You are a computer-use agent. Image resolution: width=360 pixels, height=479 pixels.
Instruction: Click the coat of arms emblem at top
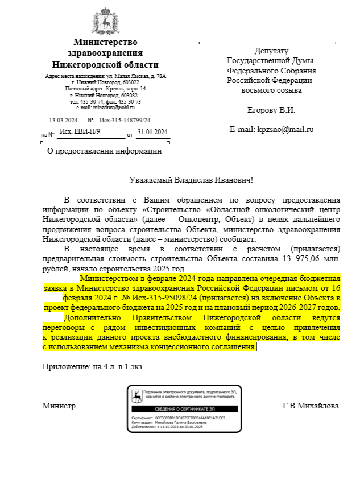(x=105, y=22)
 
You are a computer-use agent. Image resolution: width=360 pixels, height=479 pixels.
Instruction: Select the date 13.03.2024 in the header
(x=63, y=120)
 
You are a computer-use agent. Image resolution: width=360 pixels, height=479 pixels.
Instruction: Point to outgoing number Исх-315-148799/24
(x=125, y=120)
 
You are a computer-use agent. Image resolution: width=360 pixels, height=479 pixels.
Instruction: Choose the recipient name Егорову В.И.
(x=271, y=110)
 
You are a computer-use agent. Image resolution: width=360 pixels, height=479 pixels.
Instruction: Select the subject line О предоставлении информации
(x=104, y=151)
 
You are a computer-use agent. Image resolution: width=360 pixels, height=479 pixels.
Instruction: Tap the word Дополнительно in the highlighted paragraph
(x=90, y=317)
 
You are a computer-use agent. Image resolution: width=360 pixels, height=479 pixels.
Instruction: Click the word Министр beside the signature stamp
(x=59, y=406)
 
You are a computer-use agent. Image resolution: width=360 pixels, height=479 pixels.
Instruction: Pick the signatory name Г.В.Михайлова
(x=311, y=406)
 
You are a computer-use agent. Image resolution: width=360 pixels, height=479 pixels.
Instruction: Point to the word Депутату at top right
(x=271, y=51)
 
